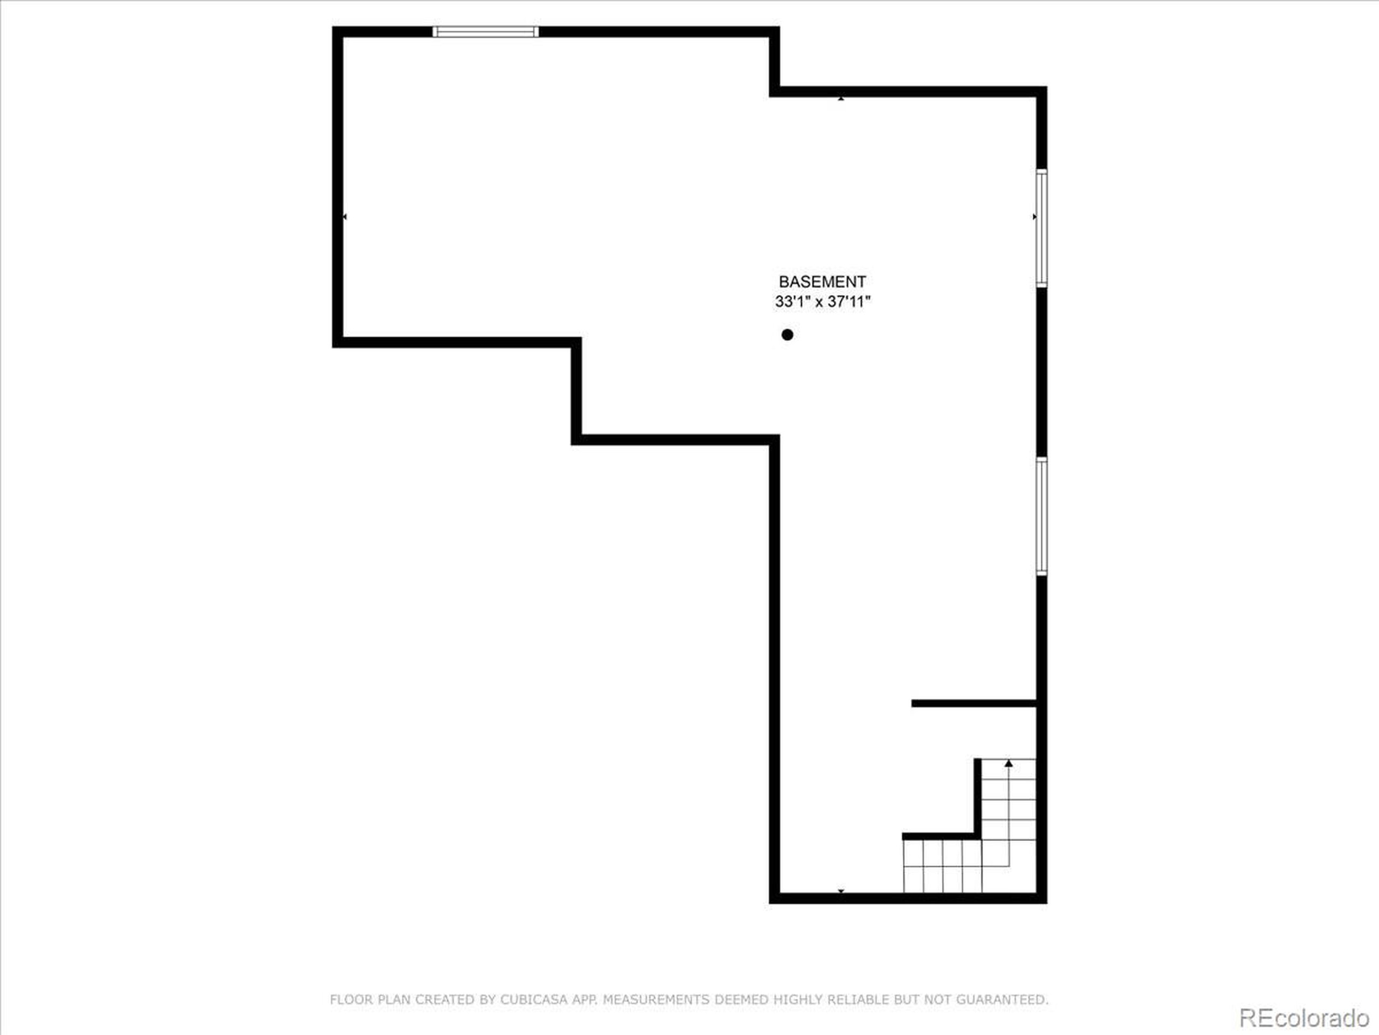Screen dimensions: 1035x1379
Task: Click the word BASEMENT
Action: click(x=821, y=282)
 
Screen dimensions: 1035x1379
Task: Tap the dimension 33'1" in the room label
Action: click(x=792, y=302)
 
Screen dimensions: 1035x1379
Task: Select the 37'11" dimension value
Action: click(x=849, y=302)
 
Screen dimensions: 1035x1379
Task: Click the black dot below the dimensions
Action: click(x=788, y=335)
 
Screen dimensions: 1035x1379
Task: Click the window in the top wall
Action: click(x=486, y=32)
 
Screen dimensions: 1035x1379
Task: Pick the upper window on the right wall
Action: click(x=1041, y=227)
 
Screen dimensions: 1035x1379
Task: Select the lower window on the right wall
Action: click(x=1041, y=515)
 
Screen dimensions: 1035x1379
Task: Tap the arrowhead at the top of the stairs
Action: click(x=1009, y=763)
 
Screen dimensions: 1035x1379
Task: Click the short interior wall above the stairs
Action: click(x=973, y=703)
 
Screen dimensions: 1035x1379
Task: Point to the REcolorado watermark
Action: click(x=1304, y=1018)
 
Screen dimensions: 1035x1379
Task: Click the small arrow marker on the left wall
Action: click(x=345, y=217)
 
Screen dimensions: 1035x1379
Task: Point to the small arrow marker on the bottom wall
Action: click(x=841, y=891)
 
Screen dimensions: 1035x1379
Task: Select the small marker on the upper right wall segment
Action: click(x=841, y=98)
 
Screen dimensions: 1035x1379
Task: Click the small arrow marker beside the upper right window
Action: click(x=1034, y=217)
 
